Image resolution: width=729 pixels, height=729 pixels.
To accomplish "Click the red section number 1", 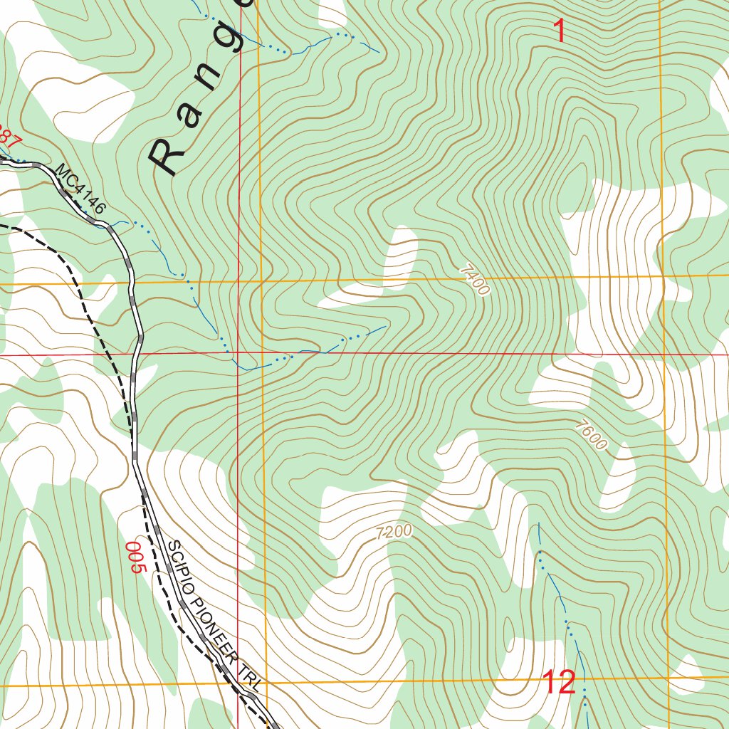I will click(x=560, y=31).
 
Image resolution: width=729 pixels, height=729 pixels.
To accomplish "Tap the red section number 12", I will click(x=559, y=683).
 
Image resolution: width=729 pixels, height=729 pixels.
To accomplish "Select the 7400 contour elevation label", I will click(x=475, y=280).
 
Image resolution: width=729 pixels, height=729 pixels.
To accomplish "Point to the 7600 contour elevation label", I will click(x=592, y=435).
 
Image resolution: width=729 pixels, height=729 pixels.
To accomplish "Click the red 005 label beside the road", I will click(x=135, y=557).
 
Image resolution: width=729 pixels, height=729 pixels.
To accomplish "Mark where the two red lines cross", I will click(x=238, y=352).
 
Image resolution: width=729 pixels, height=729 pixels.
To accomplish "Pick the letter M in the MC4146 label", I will click(x=61, y=172).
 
